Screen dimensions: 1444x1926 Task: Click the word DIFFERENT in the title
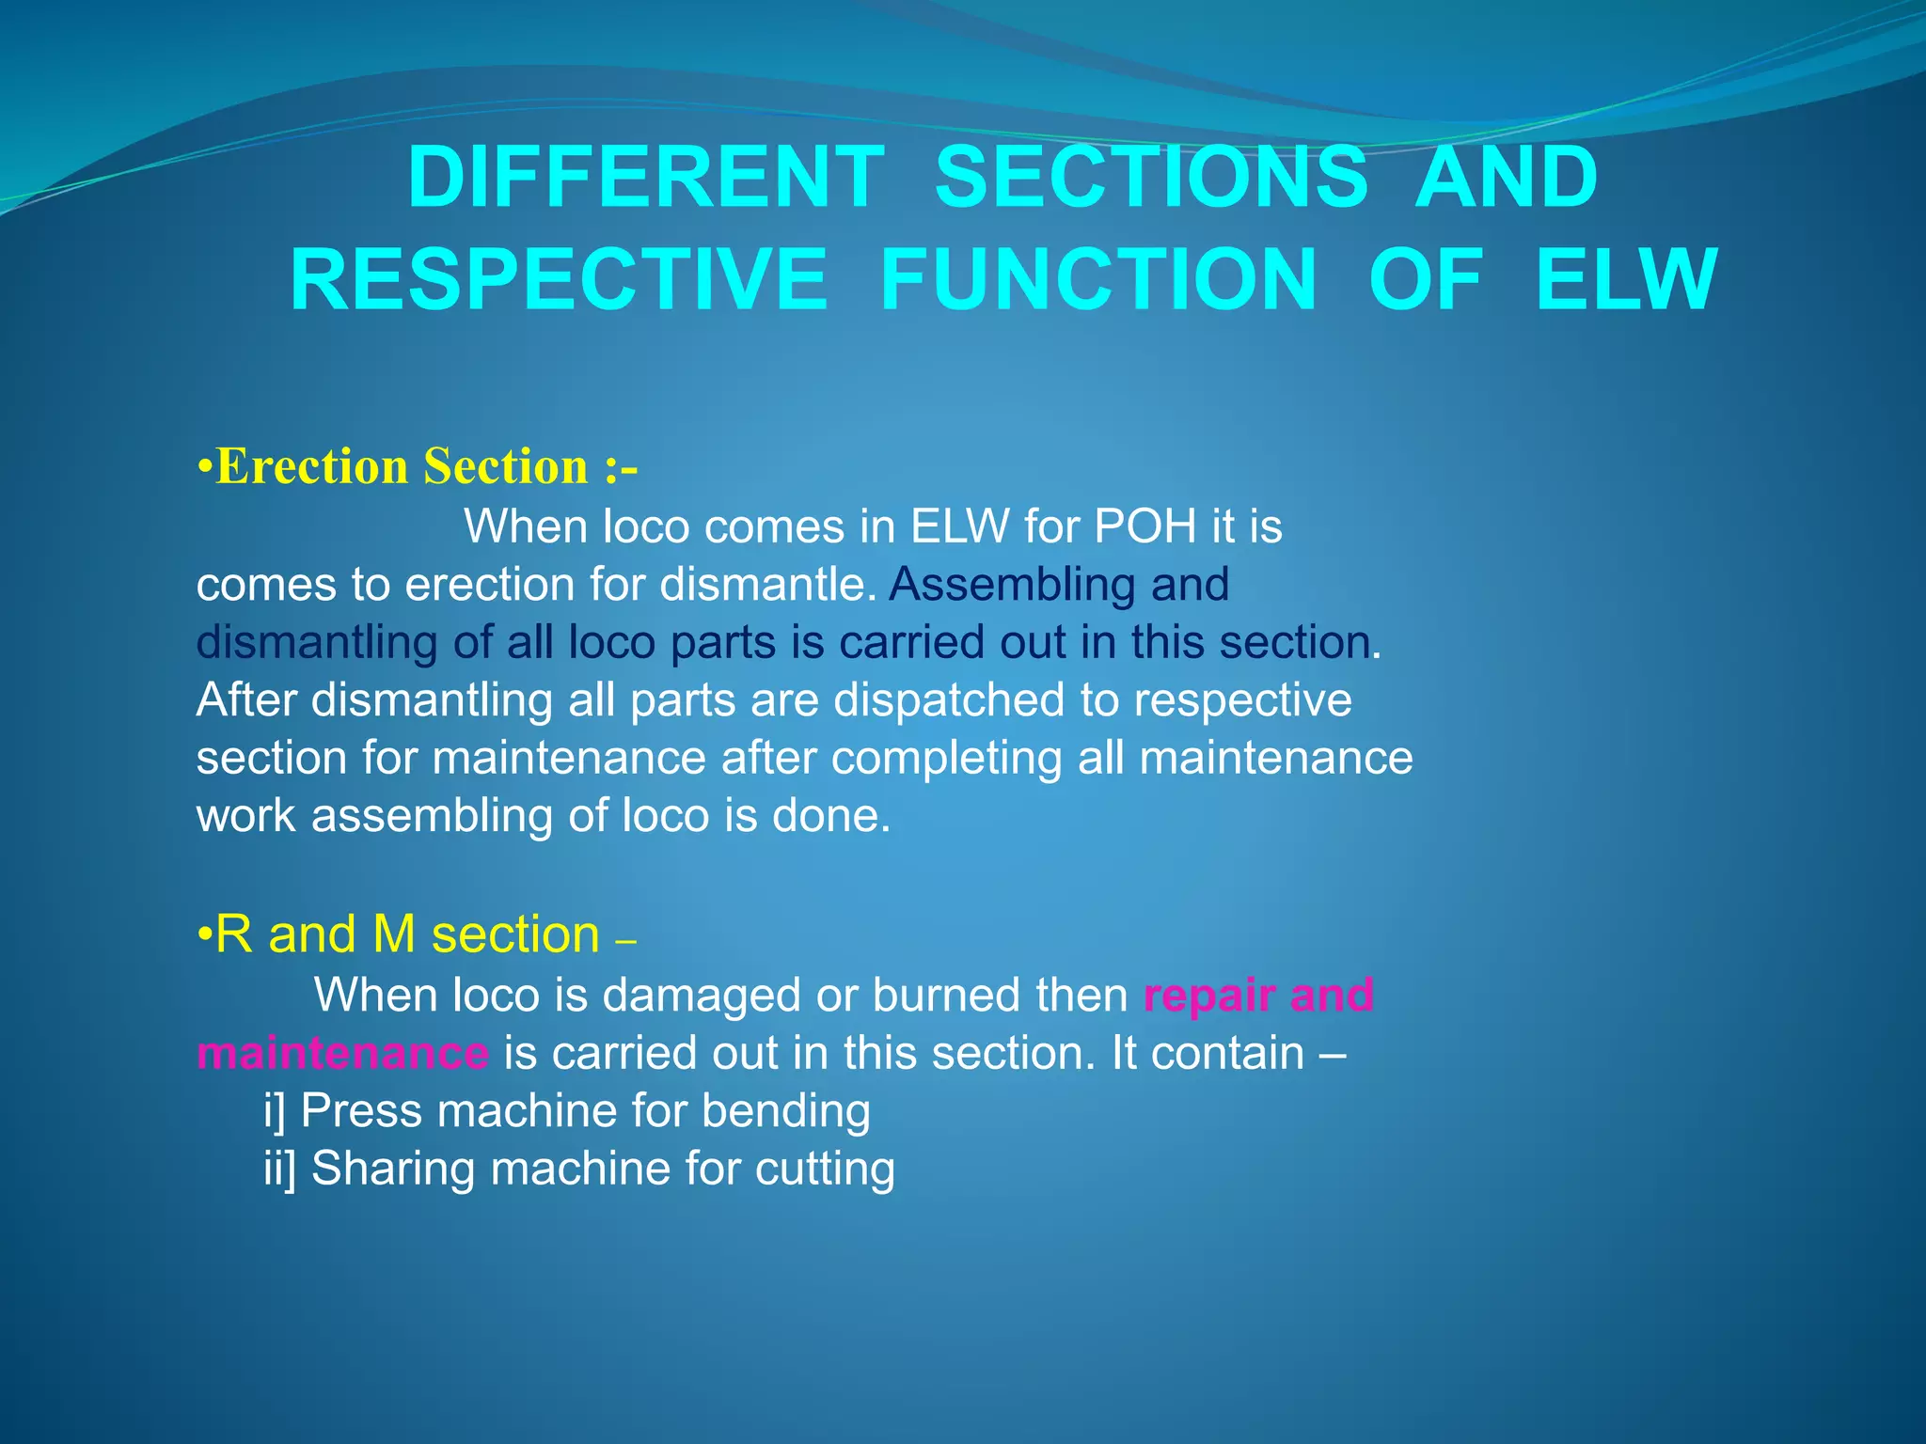[x=645, y=178]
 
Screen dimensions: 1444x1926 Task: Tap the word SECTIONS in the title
[x=1151, y=178]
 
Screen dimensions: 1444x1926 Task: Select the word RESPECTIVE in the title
[x=559, y=279]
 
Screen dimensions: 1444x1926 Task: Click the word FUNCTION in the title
[x=1097, y=279]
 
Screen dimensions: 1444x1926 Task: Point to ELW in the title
[x=1626, y=279]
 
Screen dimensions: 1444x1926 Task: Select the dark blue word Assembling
[x=1012, y=585]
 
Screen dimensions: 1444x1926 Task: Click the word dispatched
[x=950, y=700]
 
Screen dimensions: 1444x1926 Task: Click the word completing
[x=946, y=758]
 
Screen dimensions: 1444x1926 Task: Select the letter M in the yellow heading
[x=394, y=935]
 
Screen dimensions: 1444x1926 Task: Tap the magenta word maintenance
[x=342, y=1053]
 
